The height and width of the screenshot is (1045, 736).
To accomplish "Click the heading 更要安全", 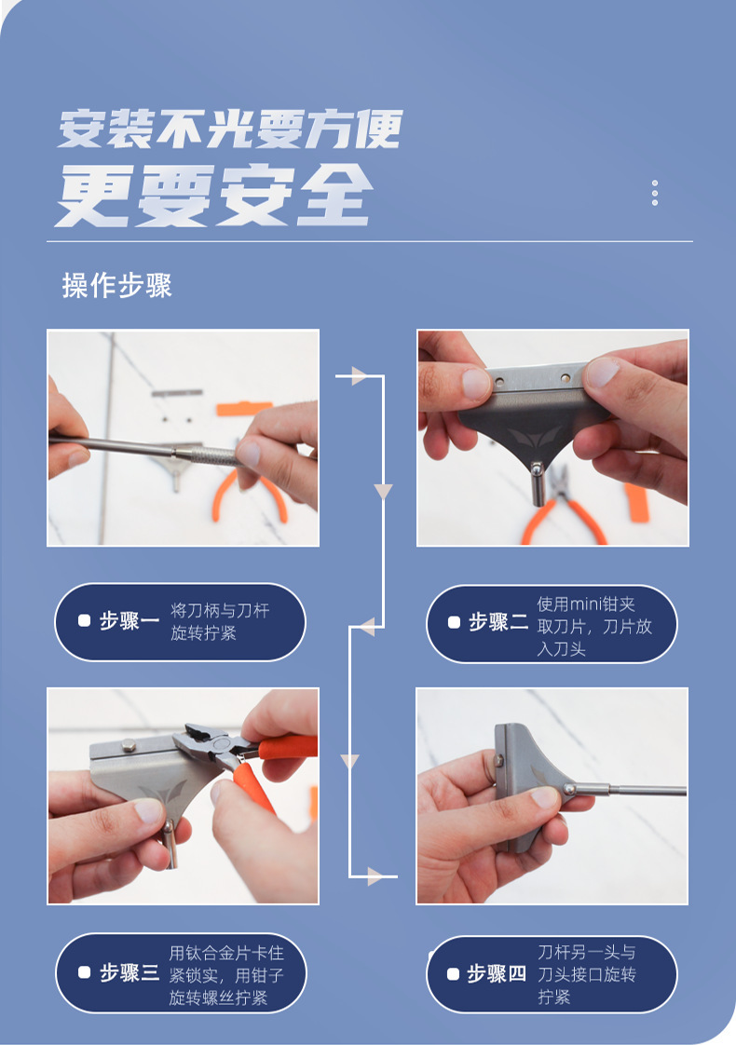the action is (x=214, y=195).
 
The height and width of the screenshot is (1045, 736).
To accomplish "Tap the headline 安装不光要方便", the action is (x=230, y=129).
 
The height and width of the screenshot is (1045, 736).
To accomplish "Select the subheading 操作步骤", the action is (x=116, y=285).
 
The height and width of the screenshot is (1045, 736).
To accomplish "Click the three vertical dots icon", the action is (x=655, y=193).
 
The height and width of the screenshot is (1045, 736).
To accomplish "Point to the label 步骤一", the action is (x=129, y=621).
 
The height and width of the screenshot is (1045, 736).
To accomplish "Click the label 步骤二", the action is (x=498, y=622).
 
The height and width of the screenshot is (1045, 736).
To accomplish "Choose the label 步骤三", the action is (x=129, y=972).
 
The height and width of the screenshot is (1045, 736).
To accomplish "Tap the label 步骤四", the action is (x=497, y=973).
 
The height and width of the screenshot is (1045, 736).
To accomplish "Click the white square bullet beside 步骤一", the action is (x=84, y=620).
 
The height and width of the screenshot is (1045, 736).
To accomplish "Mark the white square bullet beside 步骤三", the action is (x=84, y=972).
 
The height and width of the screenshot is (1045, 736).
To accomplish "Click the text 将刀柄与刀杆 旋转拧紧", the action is (x=220, y=621).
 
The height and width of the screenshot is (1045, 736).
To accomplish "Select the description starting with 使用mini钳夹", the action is (x=594, y=626).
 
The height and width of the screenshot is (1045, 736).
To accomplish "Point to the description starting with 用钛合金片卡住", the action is (x=226, y=975).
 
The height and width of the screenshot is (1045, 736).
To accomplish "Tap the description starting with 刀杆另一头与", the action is (x=587, y=973).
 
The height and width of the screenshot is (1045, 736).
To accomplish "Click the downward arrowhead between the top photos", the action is (x=383, y=492).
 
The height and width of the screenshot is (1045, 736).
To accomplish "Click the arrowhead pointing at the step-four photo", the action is (x=375, y=876).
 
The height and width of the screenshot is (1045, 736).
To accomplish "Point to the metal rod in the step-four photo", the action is (x=630, y=791).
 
